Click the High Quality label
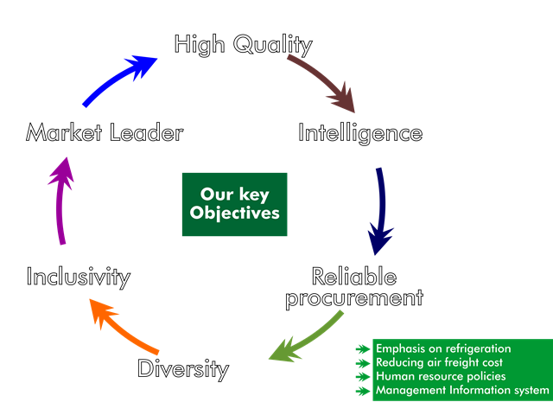click(x=243, y=44)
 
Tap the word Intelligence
click(x=360, y=133)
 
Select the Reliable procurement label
click(x=354, y=287)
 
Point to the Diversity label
click(x=182, y=369)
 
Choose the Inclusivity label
click(x=78, y=277)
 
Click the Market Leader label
click(x=105, y=133)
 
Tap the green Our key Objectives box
click(x=234, y=204)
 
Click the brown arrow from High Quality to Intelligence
click(x=324, y=82)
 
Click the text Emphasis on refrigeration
click(x=443, y=348)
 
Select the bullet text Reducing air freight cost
click(x=439, y=362)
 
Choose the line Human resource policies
click(x=441, y=376)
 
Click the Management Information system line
click(x=461, y=390)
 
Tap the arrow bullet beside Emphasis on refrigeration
click(x=364, y=349)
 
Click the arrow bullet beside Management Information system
click(x=364, y=391)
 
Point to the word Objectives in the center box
click(x=234, y=213)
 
